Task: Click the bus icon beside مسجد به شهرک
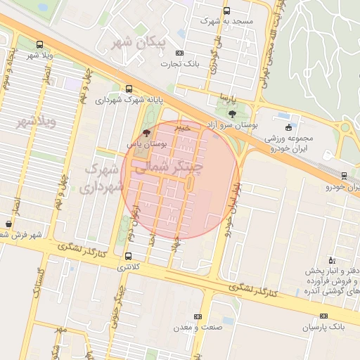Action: coord(226,11)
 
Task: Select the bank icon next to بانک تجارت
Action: coord(179,53)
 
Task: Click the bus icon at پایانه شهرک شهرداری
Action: coord(128,89)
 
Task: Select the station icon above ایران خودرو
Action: coord(344,175)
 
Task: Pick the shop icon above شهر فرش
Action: coord(8,224)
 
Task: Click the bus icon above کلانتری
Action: coord(128,256)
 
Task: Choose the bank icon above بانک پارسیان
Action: coord(323,316)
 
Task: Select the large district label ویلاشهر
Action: coord(35,123)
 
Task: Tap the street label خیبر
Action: coord(183,128)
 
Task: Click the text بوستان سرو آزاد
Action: coord(232,124)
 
